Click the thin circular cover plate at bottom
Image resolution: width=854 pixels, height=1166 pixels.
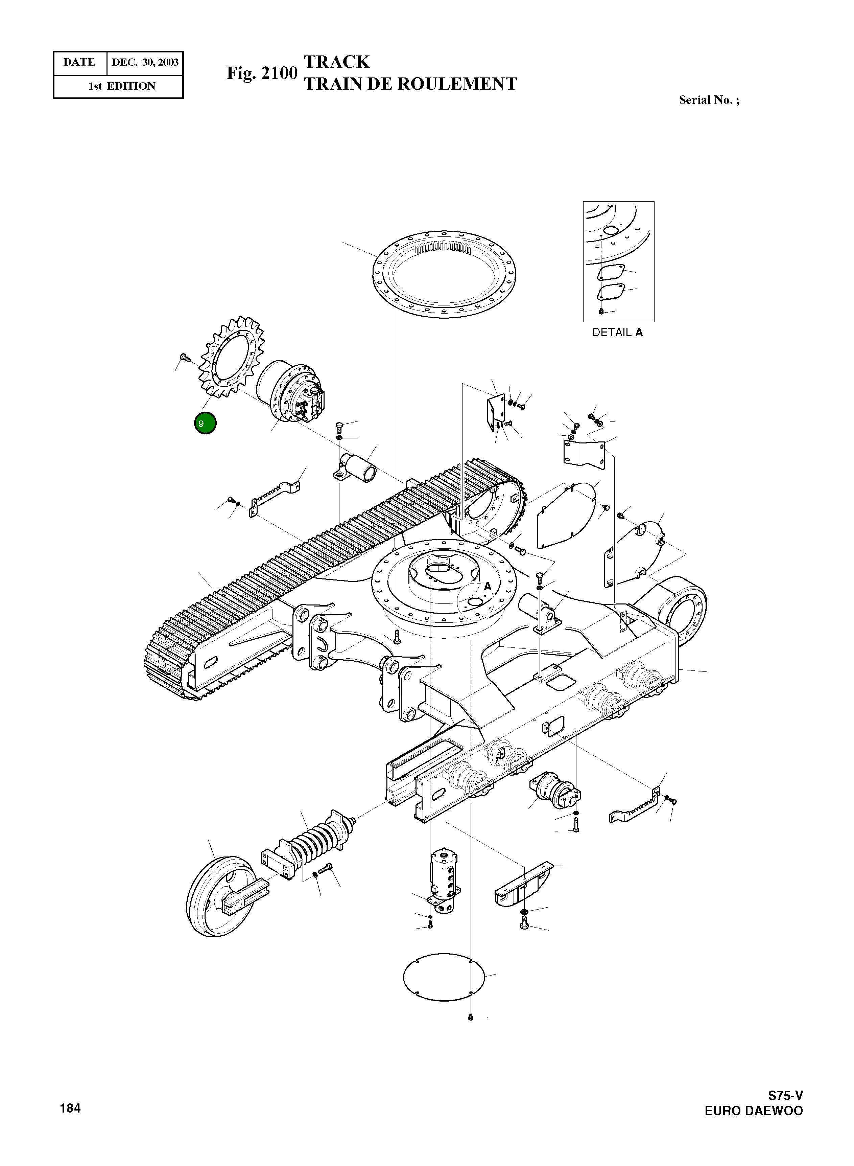pyautogui.click(x=444, y=977)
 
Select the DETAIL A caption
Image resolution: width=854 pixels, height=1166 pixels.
pyautogui.click(x=618, y=333)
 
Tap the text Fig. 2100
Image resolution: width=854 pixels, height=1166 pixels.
pyautogui.click(x=262, y=73)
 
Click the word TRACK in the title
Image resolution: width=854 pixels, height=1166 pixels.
pyautogui.click(x=336, y=62)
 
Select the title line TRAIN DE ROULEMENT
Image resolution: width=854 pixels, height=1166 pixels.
pyautogui.click(x=410, y=84)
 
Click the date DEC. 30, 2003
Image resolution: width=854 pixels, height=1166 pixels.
pyautogui.click(x=145, y=63)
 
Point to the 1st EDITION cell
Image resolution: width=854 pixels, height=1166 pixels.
pyautogui.click(x=122, y=86)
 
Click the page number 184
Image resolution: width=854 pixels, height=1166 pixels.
pyautogui.click(x=70, y=1108)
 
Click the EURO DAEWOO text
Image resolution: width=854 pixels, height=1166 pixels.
pyautogui.click(x=753, y=1111)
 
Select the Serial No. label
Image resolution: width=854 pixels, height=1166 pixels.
pyautogui.click(x=709, y=100)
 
